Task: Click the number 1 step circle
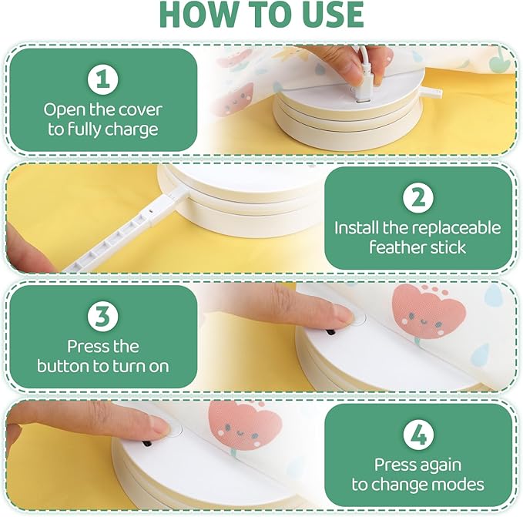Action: pyautogui.click(x=103, y=80)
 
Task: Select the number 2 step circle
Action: pyautogui.click(x=418, y=198)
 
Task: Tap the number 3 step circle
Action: pyautogui.click(x=103, y=317)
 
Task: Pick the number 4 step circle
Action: pyautogui.click(x=418, y=435)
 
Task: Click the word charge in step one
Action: pyautogui.click(x=132, y=130)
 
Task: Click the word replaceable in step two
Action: pyautogui.click(x=456, y=228)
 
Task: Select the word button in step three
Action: pyautogui.click(x=62, y=366)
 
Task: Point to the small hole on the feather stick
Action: pyautogui.click(x=152, y=211)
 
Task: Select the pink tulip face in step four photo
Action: pyautogui.click(x=244, y=426)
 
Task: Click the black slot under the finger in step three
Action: pyautogui.click(x=330, y=332)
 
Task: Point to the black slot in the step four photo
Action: pyautogui.click(x=147, y=444)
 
